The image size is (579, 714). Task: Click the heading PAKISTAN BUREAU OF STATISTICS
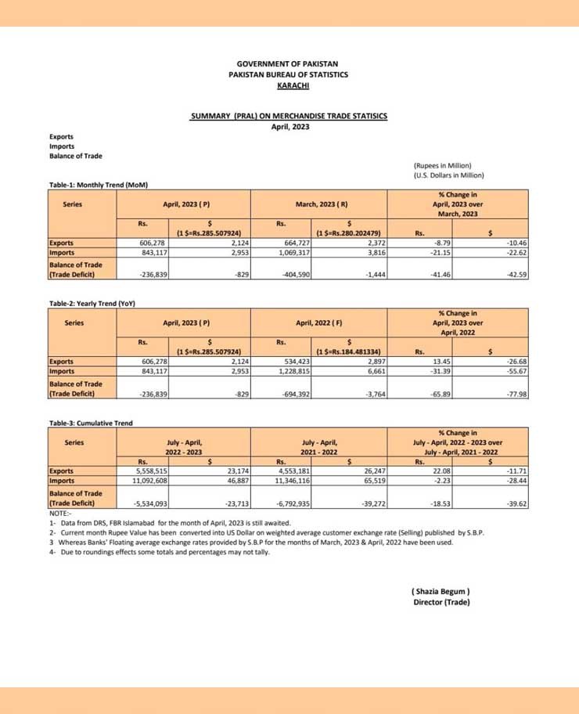288,74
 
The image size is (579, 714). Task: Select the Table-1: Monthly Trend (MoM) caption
99,185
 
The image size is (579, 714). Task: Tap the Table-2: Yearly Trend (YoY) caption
93,303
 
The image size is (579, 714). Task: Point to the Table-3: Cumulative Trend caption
91,423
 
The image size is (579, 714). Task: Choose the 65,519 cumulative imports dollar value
370,481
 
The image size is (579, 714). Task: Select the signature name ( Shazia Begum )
441,591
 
